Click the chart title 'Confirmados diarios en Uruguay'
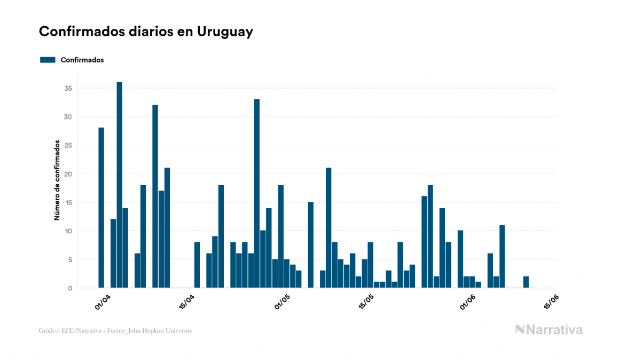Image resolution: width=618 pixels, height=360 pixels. click(146, 32)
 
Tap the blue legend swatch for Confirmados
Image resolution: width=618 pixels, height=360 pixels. click(48, 60)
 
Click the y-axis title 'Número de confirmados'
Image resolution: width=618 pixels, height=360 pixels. click(57, 181)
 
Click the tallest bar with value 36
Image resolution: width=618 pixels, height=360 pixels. click(120, 185)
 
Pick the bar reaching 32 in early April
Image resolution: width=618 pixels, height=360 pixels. click(155, 196)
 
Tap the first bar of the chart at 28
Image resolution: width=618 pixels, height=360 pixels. click(101, 208)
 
